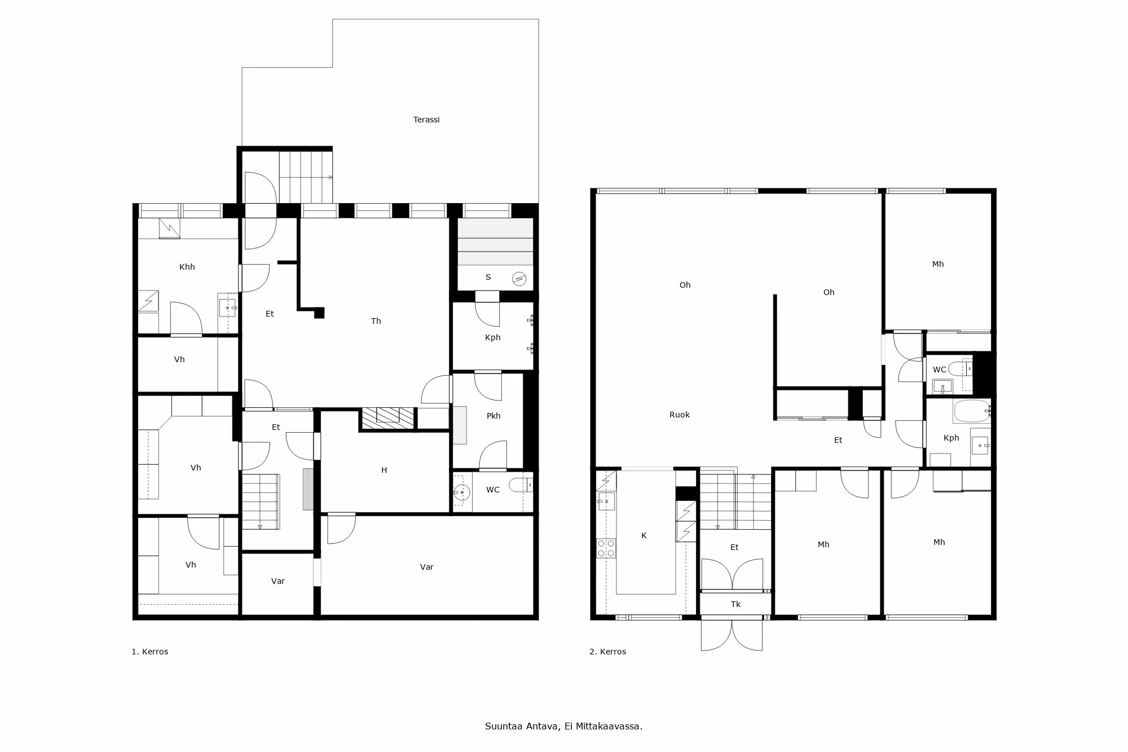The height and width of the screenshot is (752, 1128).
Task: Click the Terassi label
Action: (426, 120)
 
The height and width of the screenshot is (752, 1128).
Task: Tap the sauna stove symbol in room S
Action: (519, 279)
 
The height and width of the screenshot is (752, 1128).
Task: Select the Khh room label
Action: (187, 267)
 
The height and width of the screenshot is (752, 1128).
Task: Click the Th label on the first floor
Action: (376, 321)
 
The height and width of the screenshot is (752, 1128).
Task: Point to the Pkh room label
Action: (493, 416)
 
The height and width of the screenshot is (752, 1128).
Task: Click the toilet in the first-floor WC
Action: (520, 485)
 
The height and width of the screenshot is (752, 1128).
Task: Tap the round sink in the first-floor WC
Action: (461, 492)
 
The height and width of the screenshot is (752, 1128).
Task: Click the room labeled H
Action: (384, 470)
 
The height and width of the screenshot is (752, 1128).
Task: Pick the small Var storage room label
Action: (277, 581)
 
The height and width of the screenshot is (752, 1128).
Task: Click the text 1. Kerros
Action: (149, 652)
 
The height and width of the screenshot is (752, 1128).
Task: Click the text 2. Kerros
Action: (607, 652)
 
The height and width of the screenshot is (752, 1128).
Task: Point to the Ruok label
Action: (679, 415)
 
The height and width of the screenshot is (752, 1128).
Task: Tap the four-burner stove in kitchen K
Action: (606, 548)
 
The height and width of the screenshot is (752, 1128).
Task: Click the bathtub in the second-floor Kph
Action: (971, 411)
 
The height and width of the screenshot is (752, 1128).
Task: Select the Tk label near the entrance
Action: (735, 604)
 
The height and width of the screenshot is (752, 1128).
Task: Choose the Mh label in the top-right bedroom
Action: (937, 264)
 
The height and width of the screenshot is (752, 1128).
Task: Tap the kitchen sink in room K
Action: (606, 500)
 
